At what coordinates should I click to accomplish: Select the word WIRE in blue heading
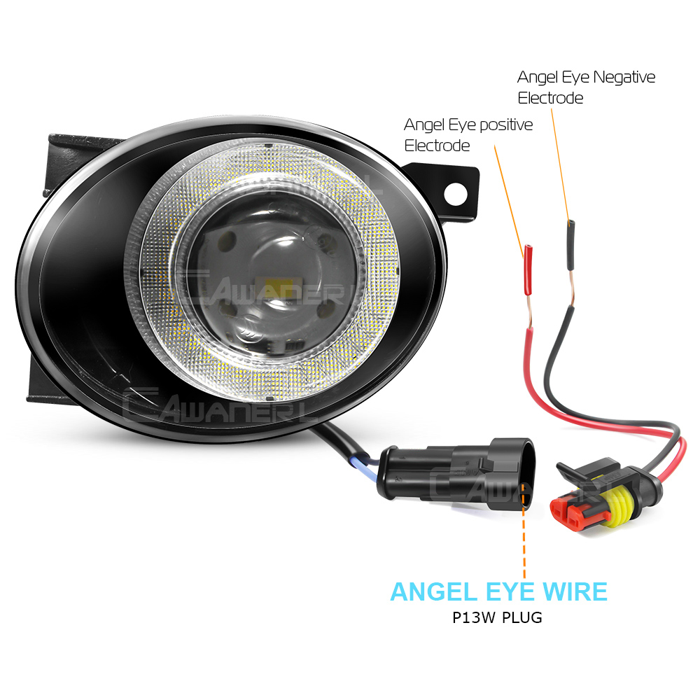pos(575,592)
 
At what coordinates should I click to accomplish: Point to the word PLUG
pos(522,617)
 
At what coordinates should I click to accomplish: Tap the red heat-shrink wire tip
pos(528,270)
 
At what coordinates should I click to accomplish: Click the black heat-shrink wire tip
pos(570,245)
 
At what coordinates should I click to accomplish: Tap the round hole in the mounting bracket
pos(456,194)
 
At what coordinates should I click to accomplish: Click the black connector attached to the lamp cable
pos(456,474)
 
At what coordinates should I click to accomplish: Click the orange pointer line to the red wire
pos(509,202)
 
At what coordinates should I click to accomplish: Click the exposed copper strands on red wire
pos(529,311)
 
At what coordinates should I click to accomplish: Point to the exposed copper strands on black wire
pos(571,288)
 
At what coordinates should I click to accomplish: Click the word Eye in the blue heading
pos(510,592)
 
